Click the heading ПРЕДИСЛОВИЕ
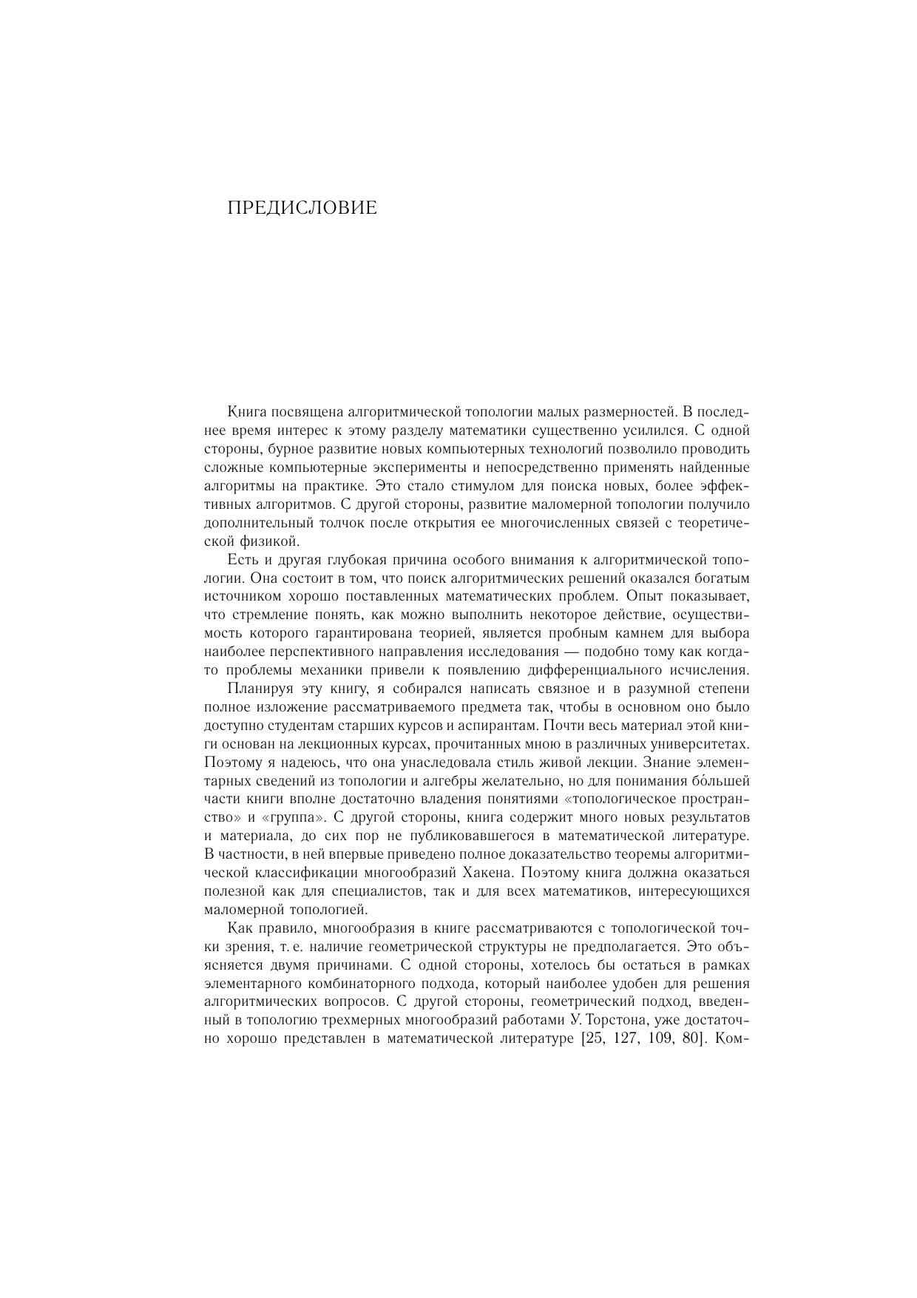pos(302,208)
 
